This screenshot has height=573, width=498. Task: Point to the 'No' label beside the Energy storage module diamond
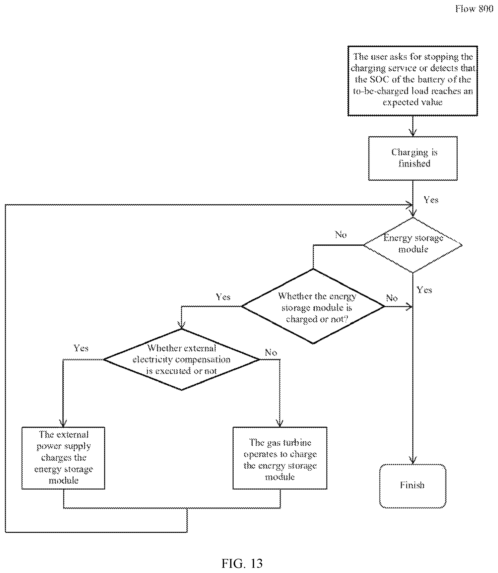tap(341, 235)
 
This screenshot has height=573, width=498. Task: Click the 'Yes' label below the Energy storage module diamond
tap(424, 290)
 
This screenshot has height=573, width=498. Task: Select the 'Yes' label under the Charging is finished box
tap(431, 200)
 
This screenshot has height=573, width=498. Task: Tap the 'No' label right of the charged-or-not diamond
tap(392, 298)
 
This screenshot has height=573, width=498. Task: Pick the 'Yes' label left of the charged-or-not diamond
tap(223, 297)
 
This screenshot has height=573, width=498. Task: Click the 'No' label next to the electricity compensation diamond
tap(271, 353)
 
